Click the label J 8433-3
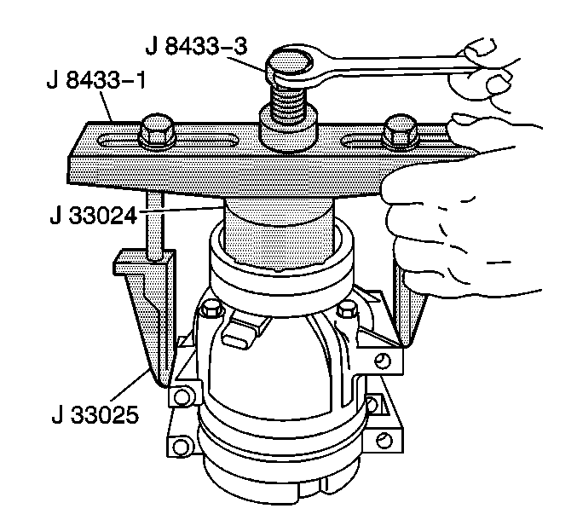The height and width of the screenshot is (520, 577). tap(197, 46)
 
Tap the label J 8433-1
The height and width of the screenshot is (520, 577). tap(96, 80)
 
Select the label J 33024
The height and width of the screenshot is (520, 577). tap(94, 216)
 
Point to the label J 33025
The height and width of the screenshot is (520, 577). tap(95, 414)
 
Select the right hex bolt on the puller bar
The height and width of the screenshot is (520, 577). tap(400, 131)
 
